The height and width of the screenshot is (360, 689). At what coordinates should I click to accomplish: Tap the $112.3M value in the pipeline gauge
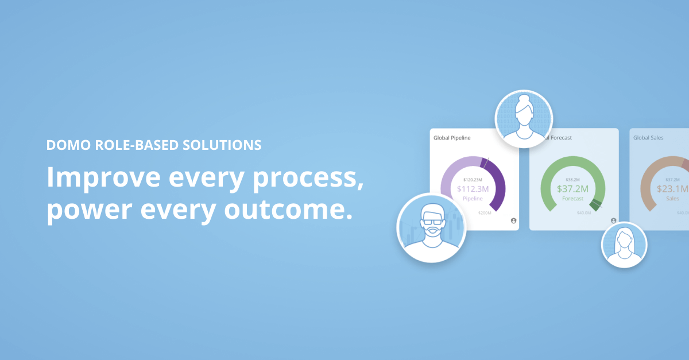click(473, 189)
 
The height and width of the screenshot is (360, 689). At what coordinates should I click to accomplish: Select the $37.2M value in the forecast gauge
click(572, 189)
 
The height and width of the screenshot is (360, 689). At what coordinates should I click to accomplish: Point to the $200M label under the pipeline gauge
click(485, 212)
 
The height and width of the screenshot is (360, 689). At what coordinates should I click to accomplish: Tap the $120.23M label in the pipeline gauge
click(473, 179)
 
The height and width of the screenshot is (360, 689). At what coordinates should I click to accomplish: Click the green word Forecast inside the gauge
click(572, 199)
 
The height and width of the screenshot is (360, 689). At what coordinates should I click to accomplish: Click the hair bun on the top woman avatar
click(524, 99)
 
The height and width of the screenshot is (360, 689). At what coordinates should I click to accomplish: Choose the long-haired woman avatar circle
click(624, 245)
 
